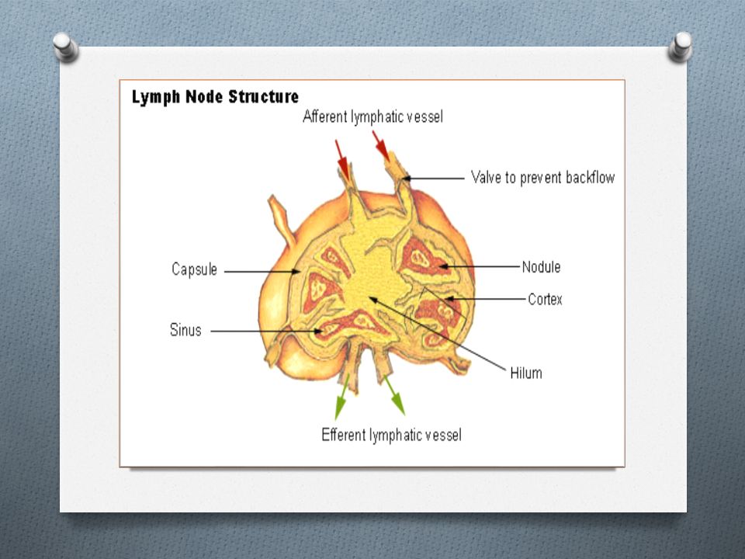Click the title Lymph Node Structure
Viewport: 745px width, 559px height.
click(215, 97)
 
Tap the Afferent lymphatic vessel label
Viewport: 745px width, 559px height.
click(373, 117)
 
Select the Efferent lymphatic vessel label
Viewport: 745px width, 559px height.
click(391, 435)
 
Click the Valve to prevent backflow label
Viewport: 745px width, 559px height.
click(543, 178)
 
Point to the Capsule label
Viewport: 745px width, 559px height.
click(194, 269)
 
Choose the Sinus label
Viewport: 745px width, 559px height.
click(185, 330)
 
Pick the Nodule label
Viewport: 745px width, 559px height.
click(541, 267)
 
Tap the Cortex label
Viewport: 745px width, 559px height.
click(545, 300)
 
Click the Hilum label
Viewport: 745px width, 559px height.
click(526, 373)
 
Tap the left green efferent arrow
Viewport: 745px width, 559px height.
click(341, 397)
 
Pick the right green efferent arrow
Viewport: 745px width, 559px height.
click(394, 395)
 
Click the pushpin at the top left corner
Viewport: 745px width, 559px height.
click(65, 46)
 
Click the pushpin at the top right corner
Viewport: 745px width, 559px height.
click(680, 46)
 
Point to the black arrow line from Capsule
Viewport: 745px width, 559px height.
click(262, 272)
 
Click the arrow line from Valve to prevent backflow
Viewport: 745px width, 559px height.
click(433, 179)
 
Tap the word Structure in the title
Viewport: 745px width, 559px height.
click(264, 97)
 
